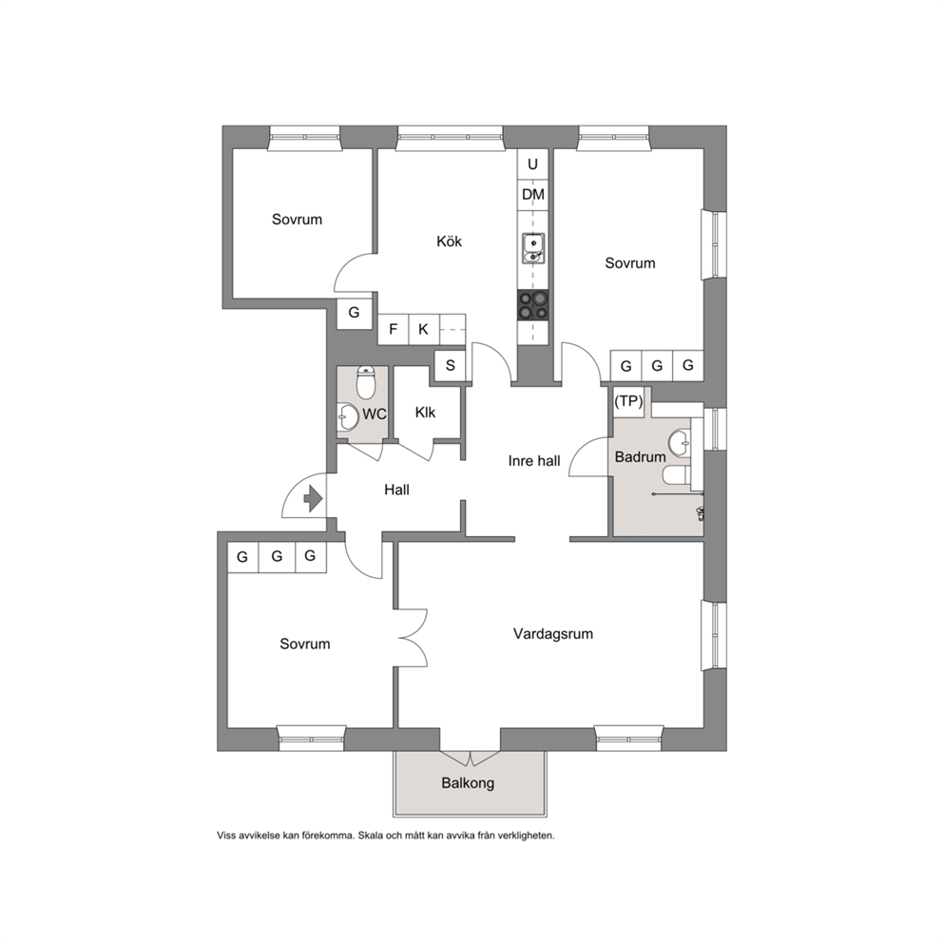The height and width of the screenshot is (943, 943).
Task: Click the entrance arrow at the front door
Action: point(313,498)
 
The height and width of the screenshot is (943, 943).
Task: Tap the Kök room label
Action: point(450,241)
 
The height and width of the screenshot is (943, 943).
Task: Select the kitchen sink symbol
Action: point(533,248)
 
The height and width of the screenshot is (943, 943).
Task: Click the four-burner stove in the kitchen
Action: point(533,305)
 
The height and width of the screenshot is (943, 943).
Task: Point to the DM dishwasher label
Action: point(533,194)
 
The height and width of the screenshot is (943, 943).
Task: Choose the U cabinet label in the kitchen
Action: point(533,164)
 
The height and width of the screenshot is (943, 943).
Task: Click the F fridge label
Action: point(394,329)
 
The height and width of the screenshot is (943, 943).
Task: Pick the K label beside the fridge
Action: point(423,329)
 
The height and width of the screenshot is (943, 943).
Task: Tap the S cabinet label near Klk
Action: point(450,364)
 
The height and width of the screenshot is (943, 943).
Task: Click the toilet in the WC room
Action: point(366,382)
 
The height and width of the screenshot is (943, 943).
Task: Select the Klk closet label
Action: point(425,413)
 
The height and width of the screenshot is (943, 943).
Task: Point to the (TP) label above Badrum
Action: point(628,401)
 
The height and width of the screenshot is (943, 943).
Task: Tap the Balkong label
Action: point(468,783)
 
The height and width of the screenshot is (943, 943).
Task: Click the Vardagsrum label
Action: point(553,633)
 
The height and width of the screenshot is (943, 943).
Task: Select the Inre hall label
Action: point(534,461)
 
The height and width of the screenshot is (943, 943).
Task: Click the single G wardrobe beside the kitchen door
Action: point(355,313)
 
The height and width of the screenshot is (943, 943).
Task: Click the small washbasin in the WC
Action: point(348,416)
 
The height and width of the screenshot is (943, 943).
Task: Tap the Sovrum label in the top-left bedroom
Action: point(298,219)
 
